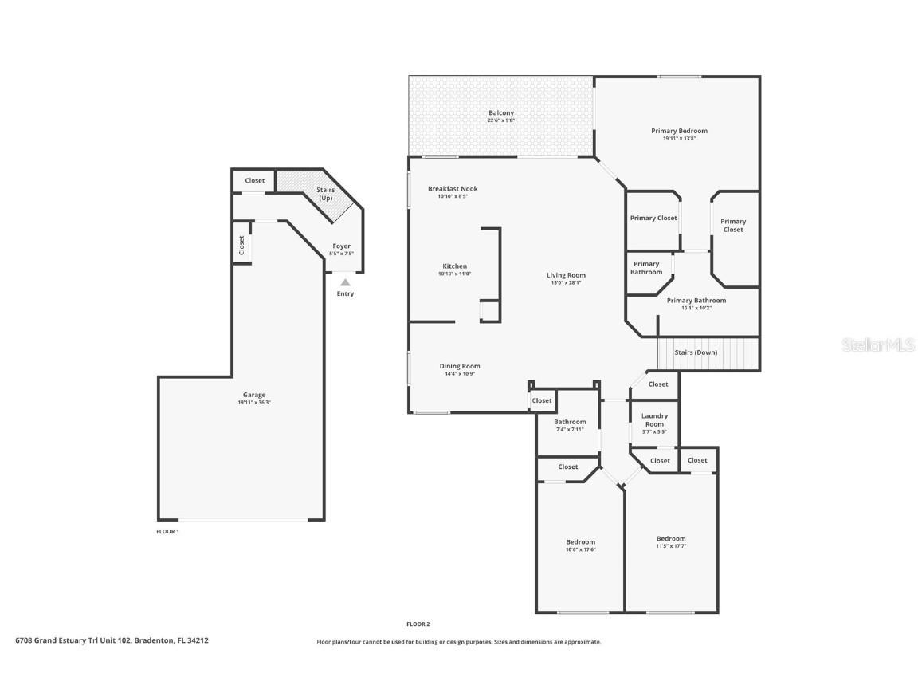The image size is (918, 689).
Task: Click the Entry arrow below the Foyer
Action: (x=345, y=282)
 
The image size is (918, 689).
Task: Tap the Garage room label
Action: (x=254, y=395)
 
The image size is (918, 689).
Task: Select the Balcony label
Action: (x=501, y=113)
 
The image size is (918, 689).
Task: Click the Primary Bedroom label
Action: (x=679, y=131)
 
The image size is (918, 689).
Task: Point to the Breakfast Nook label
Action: (x=453, y=189)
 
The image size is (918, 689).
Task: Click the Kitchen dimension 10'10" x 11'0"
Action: (x=455, y=274)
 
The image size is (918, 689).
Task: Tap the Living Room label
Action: (x=566, y=275)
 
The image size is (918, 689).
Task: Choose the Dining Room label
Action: (x=460, y=366)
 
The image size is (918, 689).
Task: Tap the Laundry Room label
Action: (x=654, y=419)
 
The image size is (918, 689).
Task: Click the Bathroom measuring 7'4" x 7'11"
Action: (x=570, y=422)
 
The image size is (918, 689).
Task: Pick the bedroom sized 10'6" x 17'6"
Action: (x=580, y=542)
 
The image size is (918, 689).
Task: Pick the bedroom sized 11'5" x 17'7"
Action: (x=671, y=539)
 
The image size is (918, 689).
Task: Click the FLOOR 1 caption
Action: (x=167, y=531)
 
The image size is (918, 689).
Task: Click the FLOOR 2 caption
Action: (x=418, y=624)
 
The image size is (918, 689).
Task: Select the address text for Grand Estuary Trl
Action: (x=112, y=640)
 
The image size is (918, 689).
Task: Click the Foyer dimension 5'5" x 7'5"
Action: (x=341, y=254)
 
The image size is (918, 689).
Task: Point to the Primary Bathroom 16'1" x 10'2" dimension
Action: (x=696, y=308)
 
